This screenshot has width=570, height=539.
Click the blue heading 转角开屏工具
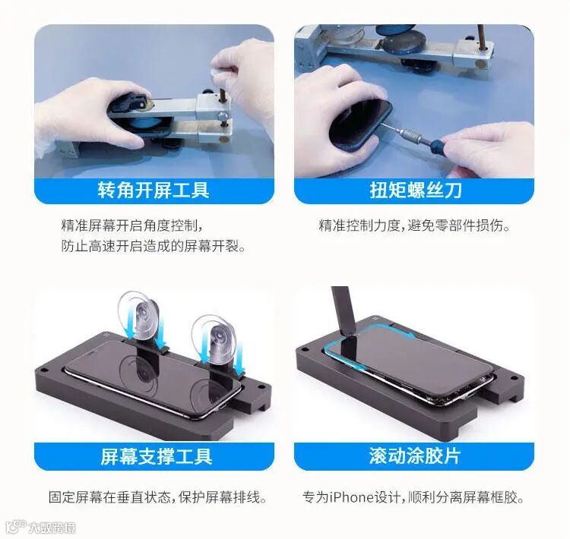154,190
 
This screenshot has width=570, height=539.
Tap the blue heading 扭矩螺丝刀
416,190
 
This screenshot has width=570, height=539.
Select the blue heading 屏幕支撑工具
157,456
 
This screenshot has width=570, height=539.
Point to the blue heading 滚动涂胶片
415,455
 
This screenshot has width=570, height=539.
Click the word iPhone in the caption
352,497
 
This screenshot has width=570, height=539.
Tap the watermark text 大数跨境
52,528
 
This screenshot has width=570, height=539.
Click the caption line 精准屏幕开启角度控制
131,225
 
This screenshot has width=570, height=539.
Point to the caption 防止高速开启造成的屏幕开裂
153,246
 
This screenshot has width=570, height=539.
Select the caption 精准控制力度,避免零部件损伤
414,225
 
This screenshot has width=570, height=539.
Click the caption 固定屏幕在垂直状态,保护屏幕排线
157,497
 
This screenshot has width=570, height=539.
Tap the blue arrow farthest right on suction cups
239,361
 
